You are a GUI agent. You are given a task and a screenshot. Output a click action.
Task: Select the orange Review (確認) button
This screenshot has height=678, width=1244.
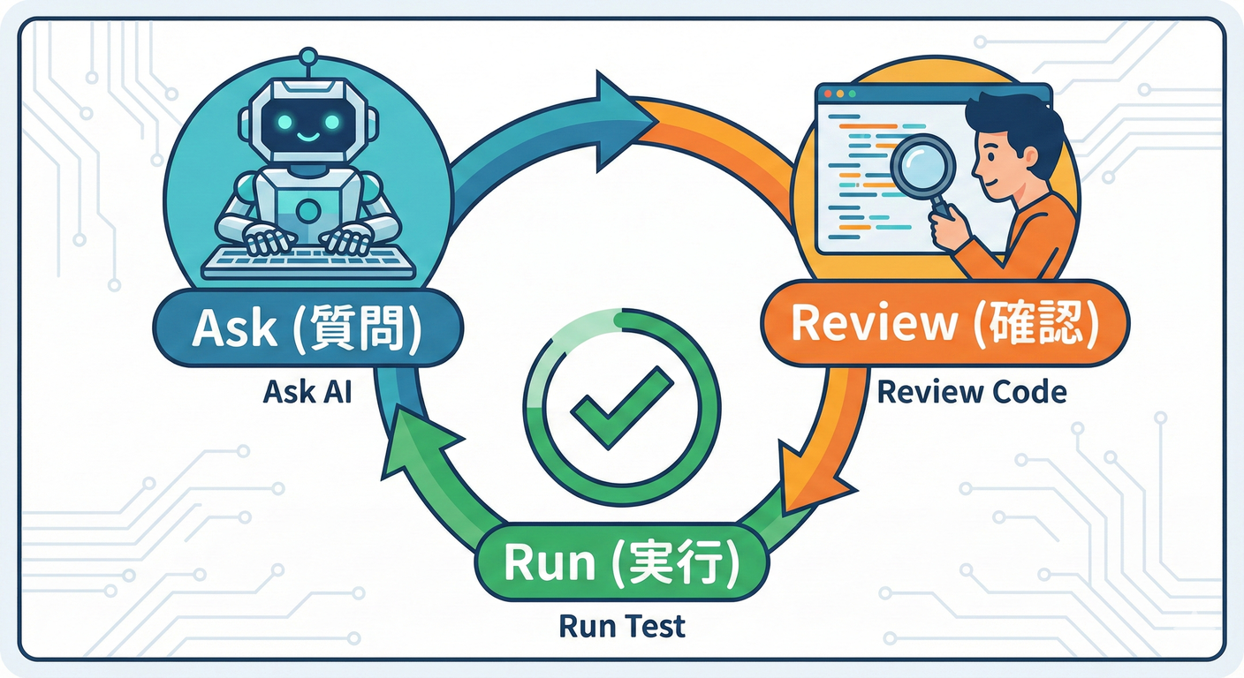[944, 323]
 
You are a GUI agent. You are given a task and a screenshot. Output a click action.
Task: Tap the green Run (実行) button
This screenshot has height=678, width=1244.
[622, 563]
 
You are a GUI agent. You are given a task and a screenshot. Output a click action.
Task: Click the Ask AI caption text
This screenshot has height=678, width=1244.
[307, 391]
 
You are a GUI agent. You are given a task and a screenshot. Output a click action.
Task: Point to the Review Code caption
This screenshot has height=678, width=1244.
[971, 391]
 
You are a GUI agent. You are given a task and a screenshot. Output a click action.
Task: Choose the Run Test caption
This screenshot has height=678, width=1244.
[622, 626]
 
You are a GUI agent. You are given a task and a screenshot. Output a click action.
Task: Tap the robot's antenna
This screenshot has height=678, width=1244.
[307, 60]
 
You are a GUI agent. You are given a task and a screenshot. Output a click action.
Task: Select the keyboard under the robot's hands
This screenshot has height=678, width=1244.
[308, 260]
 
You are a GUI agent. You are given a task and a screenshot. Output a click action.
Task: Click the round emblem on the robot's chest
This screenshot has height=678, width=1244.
[307, 210]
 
